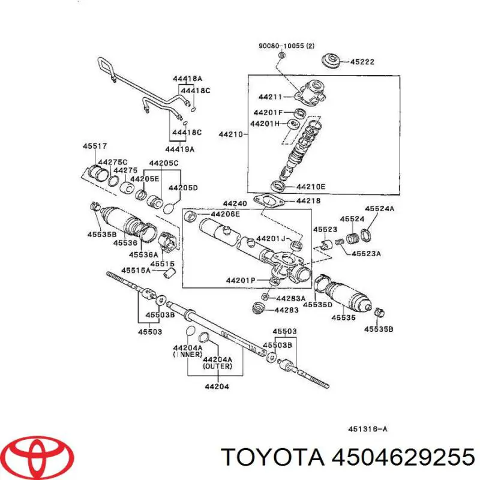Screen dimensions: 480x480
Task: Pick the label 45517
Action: pos(94,145)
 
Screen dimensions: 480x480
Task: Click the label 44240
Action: pos(235,203)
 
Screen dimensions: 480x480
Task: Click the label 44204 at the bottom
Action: pos(217,386)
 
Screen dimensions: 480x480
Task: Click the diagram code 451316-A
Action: pos(368,428)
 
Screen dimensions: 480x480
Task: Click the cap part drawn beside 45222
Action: pos(331,60)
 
